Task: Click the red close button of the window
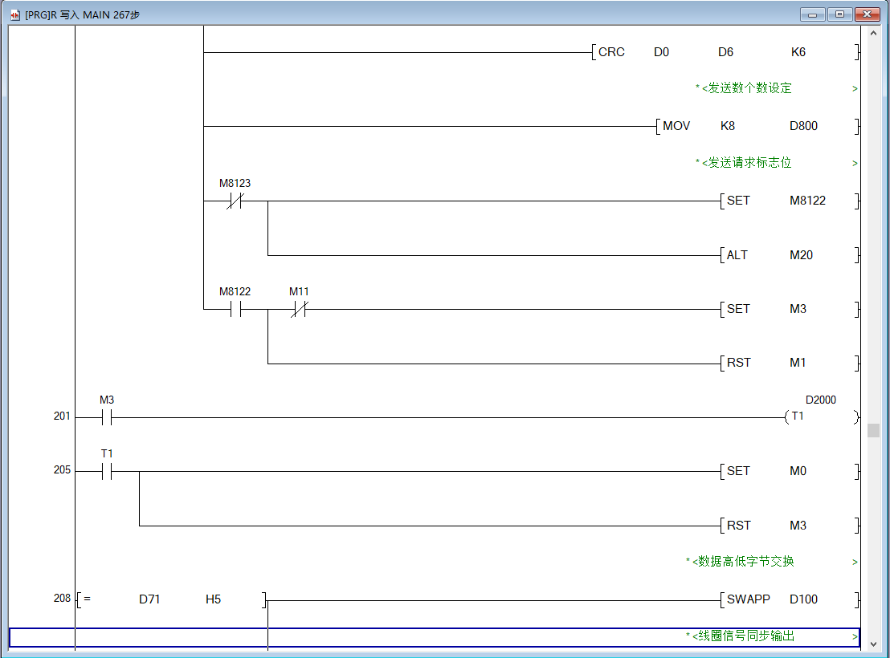point(867,14)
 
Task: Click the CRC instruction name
point(611,52)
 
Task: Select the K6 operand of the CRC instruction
point(798,52)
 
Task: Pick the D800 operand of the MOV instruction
point(803,126)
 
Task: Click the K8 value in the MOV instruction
point(727,126)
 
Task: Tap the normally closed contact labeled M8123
point(235,201)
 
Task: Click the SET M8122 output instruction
point(738,201)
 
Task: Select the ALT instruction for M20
point(737,255)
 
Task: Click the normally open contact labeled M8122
point(235,310)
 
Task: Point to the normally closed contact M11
point(299,310)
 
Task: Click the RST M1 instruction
point(738,363)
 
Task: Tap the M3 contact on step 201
point(107,417)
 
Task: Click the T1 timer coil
point(798,416)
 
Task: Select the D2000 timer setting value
point(820,400)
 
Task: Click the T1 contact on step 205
point(107,472)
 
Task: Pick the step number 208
point(63,599)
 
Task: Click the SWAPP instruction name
point(749,599)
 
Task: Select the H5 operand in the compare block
point(213,599)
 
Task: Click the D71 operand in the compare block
point(149,599)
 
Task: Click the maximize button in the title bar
point(839,14)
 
